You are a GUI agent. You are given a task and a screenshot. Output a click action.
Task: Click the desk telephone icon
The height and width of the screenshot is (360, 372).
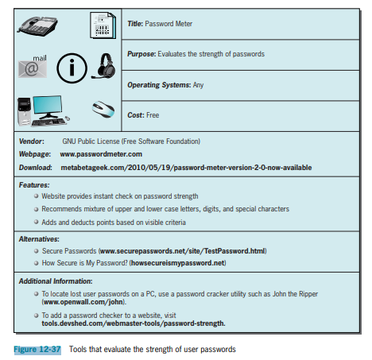pyautogui.click(x=37, y=26)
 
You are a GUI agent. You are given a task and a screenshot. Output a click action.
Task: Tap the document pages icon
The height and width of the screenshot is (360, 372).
pyautogui.click(x=103, y=25)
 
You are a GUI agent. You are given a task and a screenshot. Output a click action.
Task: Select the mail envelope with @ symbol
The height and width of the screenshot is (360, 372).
pyautogui.click(x=33, y=67)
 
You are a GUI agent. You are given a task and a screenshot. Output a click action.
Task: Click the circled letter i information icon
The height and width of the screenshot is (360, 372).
pyautogui.click(x=72, y=68)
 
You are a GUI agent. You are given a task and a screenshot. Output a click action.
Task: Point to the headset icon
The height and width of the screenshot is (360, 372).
pyautogui.click(x=104, y=66)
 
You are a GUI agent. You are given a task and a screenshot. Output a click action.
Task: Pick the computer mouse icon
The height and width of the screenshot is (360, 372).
pyautogui.click(x=103, y=109)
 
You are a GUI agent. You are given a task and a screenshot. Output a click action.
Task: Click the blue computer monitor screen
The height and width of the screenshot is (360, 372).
pyautogui.click(x=48, y=104)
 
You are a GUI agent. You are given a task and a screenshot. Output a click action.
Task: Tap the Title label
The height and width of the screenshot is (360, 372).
pyautogui.click(x=135, y=24)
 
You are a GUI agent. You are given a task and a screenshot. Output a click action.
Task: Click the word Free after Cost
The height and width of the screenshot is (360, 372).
pyautogui.click(x=153, y=115)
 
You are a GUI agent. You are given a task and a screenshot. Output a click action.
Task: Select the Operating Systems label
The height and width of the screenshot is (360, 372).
pyautogui.click(x=159, y=85)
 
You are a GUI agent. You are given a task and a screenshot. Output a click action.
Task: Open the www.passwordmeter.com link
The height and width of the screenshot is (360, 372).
pyautogui.click(x=101, y=154)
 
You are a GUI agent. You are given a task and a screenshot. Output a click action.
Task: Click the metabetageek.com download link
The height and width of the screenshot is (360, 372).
pyautogui.click(x=186, y=168)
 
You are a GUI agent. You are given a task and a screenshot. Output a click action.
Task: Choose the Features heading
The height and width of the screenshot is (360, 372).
pyautogui.click(x=34, y=185)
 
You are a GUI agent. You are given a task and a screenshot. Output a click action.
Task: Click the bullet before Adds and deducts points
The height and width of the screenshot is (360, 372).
pyautogui.click(x=37, y=222)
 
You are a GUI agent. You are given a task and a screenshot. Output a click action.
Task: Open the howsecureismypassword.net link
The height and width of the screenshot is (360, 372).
pyautogui.click(x=178, y=263)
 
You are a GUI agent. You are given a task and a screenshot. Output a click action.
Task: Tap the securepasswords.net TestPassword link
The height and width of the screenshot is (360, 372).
pyautogui.click(x=183, y=251)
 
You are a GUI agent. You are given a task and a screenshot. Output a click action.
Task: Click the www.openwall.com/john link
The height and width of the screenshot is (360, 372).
pyautogui.click(x=83, y=302)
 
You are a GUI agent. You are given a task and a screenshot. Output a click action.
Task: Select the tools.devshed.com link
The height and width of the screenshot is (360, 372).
pyautogui.click(x=134, y=323)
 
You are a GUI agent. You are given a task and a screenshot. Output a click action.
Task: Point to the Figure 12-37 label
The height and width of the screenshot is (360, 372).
pyautogui.click(x=37, y=350)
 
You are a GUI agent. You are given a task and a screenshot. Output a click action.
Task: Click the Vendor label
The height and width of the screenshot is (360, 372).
pyautogui.click(x=32, y=141)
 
